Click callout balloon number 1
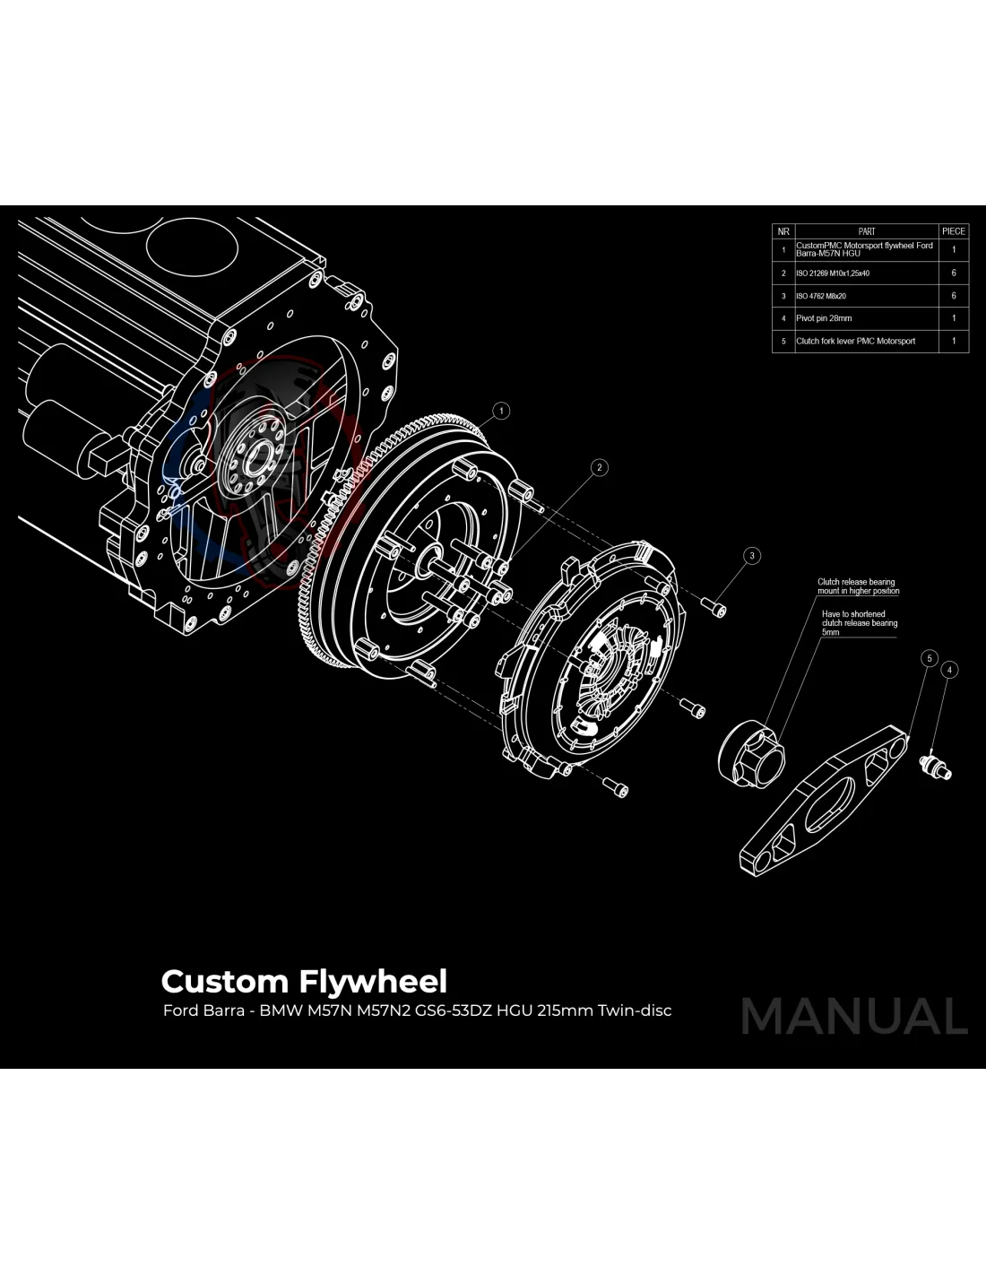click(502, 411)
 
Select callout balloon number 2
click(600, 467)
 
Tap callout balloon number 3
click(752, 556)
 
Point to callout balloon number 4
click(949, 670)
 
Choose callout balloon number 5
click(930, 659)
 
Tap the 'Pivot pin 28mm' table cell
click(866, 318)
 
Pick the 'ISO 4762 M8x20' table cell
click(866, 296)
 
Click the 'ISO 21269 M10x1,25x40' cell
click(866, 273)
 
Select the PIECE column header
click(954, 231)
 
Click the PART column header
click(866, 231)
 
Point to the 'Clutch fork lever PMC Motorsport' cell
click(866, 341)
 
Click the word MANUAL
click(854, 1017)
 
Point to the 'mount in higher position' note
click(858, 591)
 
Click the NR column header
click(783, 231)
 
